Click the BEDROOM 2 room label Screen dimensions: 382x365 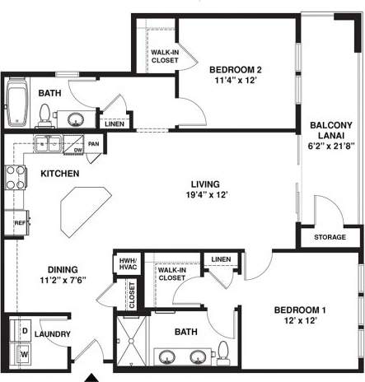[236, 69]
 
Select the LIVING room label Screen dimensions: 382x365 [205, 184]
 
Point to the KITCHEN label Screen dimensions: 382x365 [59, 174]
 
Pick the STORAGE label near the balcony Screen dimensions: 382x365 [330, 238]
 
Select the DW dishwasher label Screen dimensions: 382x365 [78, 151]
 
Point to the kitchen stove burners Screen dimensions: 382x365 [15, 177]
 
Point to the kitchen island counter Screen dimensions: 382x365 [82, 206]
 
